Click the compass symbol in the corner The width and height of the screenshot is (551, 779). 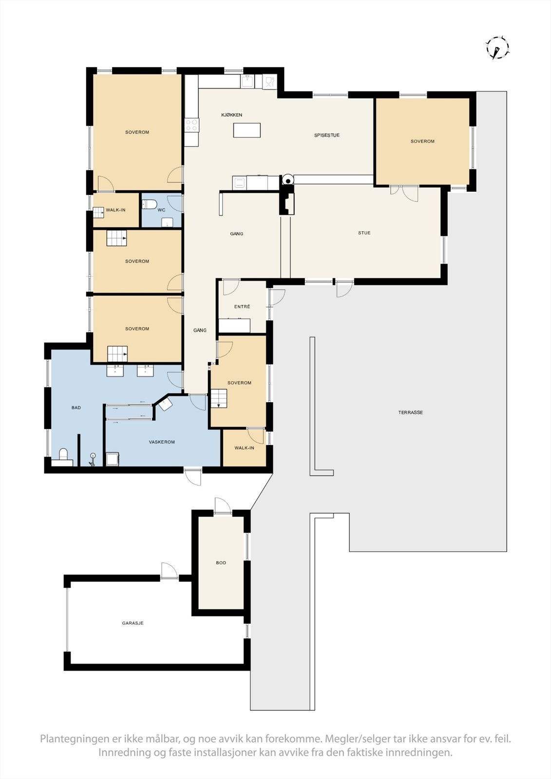coord(497,48)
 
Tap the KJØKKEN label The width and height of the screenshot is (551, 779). coord(231,115)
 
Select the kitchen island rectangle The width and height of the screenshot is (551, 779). coord(247,130)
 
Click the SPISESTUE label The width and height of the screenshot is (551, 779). coord(326,135)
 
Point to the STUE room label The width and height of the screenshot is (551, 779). coord(364,233)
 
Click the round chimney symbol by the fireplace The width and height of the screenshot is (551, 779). coord(288,179)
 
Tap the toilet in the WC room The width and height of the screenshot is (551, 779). coord(148,204)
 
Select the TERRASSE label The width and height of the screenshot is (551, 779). coord(410,412)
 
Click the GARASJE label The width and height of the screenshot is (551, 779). coord(133,623)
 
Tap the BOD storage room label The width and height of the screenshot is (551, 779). coord(221,563)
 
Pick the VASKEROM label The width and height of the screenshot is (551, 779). coord(162,442)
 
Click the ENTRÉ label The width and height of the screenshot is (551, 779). coord(242,307)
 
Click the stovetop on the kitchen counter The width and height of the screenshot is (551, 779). coord(191,125)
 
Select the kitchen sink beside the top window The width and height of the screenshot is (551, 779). coord(248,81)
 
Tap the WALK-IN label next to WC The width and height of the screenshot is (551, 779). coord(115,210)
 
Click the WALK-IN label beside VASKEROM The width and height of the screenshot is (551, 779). coord(244,448)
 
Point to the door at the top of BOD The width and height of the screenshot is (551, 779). coord(222,506)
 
